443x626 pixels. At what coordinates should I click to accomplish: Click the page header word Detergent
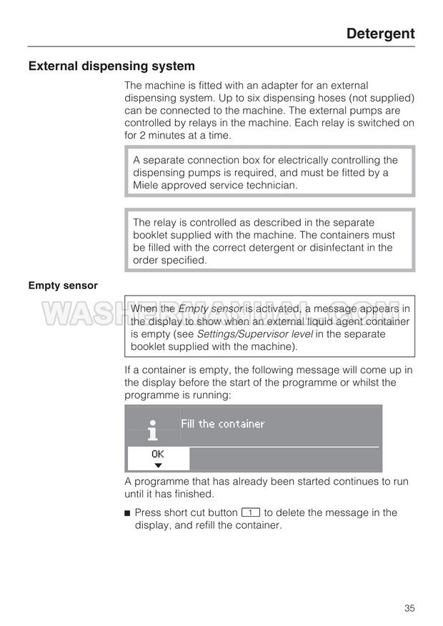pos(380,34)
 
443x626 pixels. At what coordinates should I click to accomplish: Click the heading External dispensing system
pos(111,66)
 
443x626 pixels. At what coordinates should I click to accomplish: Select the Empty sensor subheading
pos(63,286)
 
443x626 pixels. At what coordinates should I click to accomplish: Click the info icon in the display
pos(152,430)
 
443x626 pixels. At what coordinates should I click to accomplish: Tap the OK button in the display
pos(158,453)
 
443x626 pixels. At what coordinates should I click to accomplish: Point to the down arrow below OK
pos(158,465)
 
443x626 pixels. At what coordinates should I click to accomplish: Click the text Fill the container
pos(222,424)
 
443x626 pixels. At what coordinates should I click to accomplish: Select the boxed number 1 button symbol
pos(250,513)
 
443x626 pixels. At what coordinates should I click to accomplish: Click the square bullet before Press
pos(127,513)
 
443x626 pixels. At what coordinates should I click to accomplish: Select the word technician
pos(270,186)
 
